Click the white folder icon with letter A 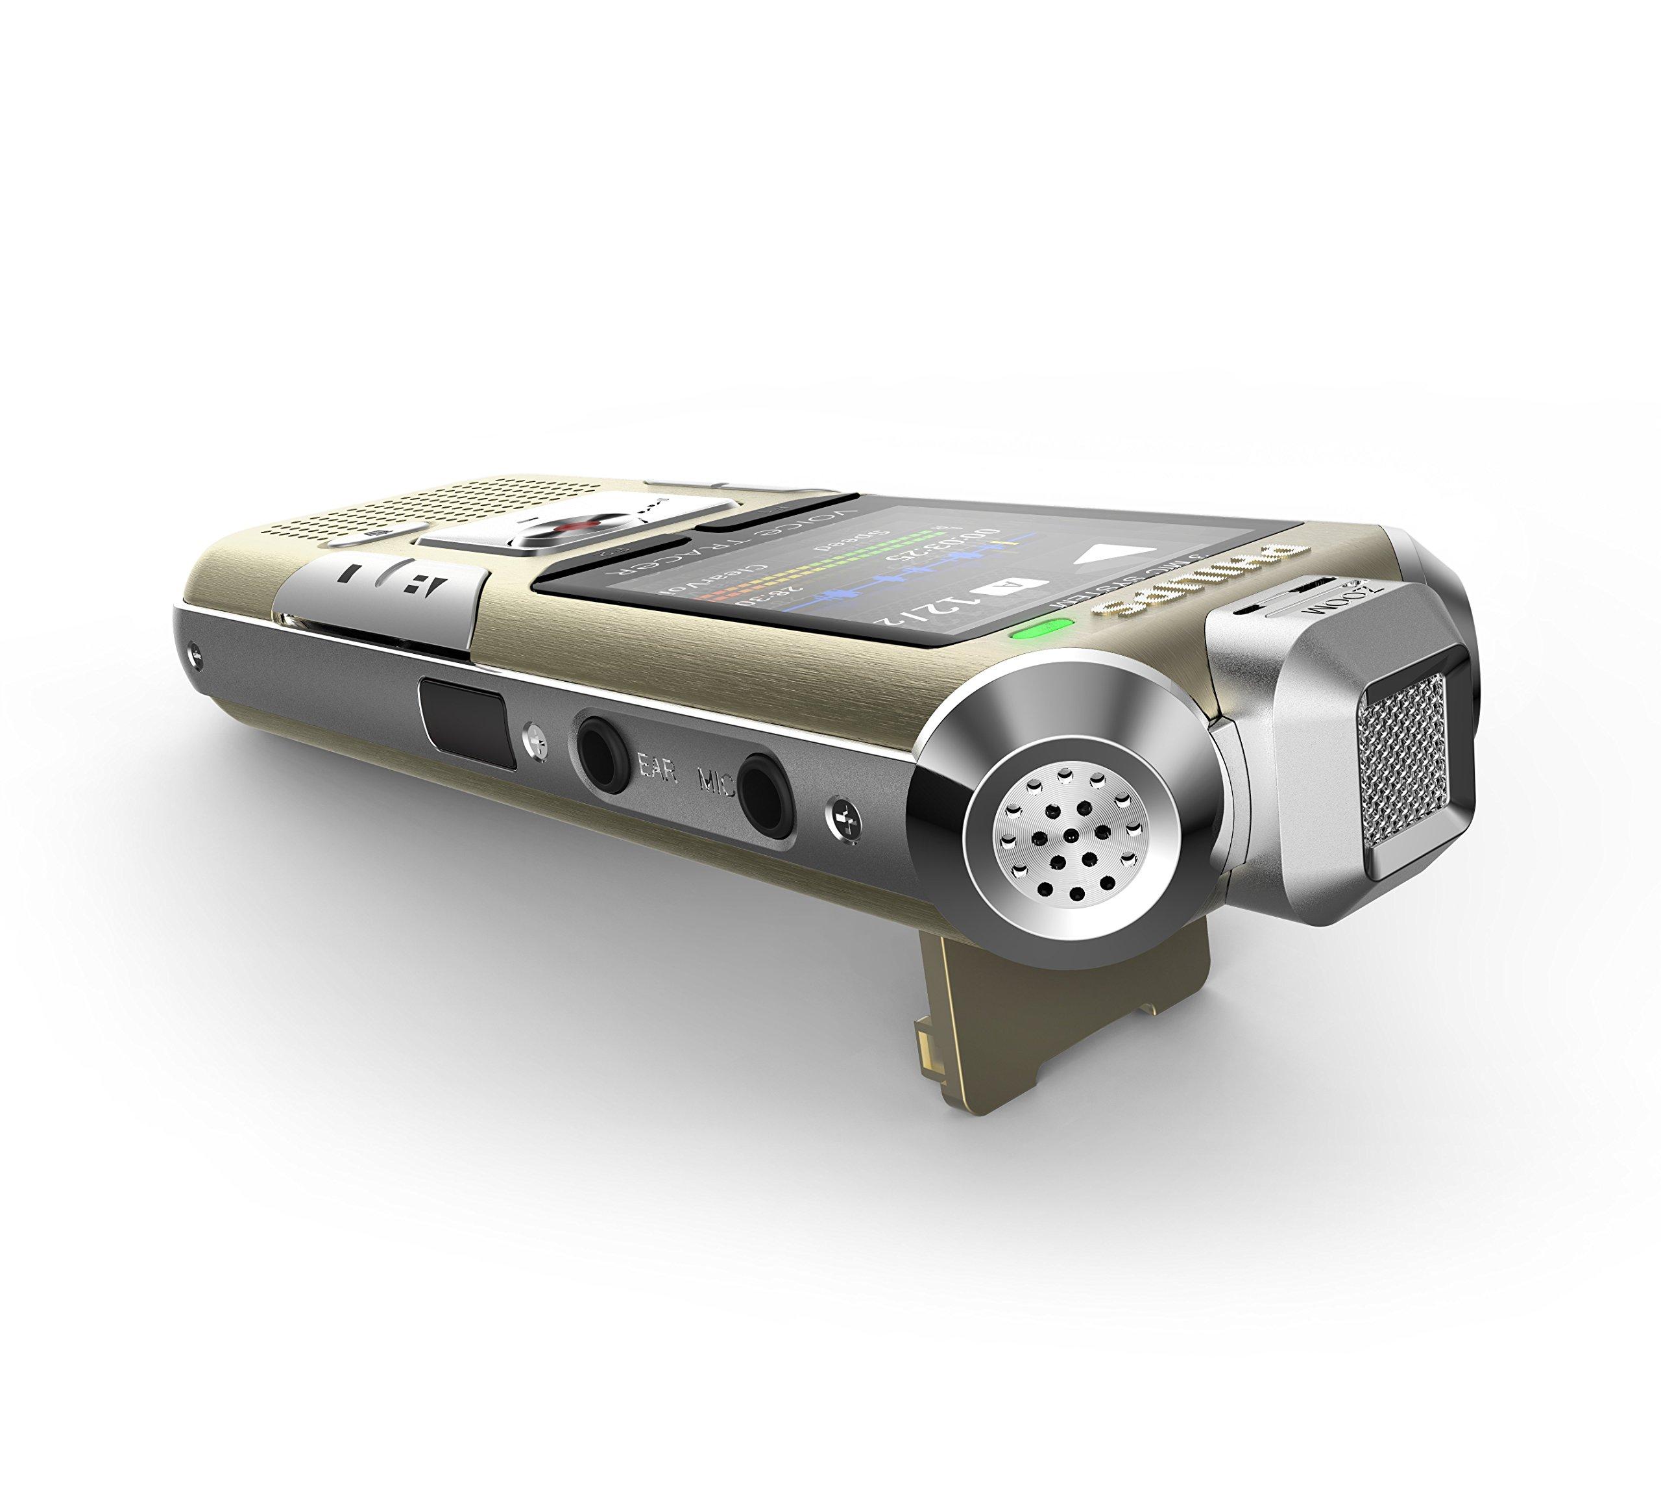1010,588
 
